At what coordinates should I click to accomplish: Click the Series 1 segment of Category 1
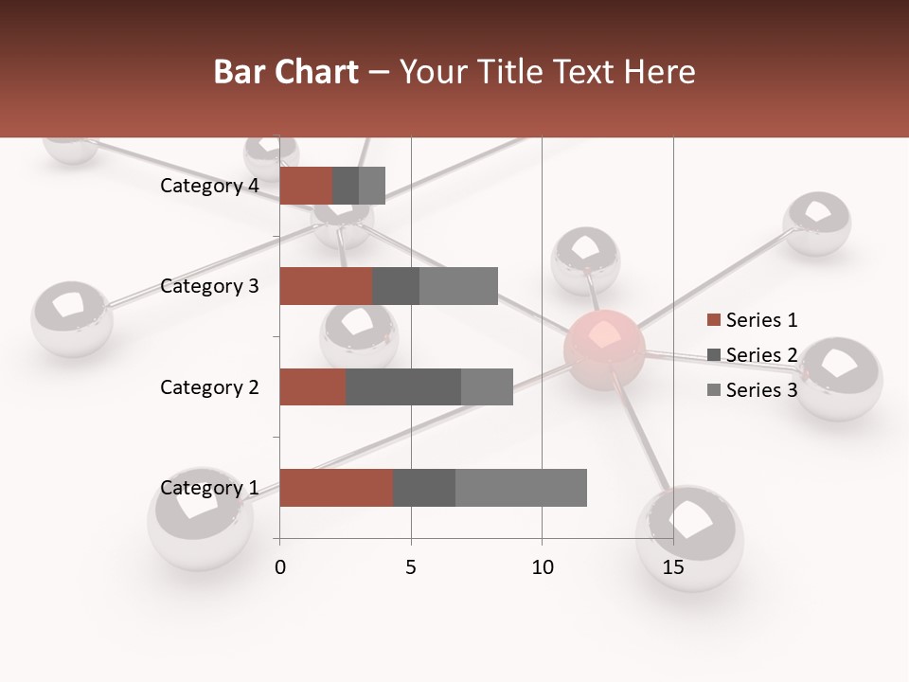(336, 488)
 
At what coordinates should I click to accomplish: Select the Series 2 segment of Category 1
(424, 488)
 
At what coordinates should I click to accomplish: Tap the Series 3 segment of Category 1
(521, 488)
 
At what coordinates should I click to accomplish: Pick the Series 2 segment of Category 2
(403, 386)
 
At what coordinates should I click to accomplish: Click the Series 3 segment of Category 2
(487, 386)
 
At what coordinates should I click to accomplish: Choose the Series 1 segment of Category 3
(326, 286)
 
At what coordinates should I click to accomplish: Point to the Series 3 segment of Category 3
(458, 286)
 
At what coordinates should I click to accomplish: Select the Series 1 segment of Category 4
(306, 186)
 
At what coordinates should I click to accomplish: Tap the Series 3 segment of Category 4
(372, 186)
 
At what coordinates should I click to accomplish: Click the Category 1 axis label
(209, 488)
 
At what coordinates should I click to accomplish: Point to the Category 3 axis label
(209, 286)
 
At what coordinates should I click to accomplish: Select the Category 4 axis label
(209, 186)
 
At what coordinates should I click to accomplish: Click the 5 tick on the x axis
(411, 567)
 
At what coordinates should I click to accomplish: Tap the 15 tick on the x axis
(673, 567)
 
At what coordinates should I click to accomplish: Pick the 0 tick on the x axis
(280, 567)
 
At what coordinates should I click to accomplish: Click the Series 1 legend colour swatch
(713, 320)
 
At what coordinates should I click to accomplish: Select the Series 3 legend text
(761, 390)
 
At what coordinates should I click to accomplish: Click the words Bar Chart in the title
(286, 72)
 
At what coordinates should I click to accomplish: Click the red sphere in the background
(604, 349)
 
